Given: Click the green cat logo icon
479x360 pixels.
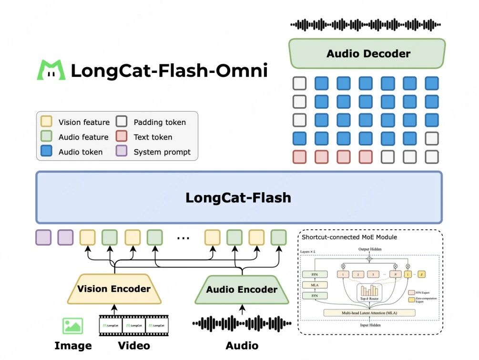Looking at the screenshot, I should [51, 70].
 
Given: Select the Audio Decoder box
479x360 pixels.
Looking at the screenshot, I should [367, 53].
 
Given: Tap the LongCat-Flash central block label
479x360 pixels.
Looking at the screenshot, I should [238, 197].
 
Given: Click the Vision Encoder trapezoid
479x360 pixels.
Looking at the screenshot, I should [114, 289].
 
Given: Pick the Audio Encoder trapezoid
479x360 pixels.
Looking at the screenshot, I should [242, 289].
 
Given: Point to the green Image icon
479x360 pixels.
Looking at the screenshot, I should [72, 326].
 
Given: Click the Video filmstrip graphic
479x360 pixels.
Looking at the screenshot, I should [133, 325].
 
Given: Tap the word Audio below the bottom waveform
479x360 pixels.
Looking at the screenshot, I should [242, 346].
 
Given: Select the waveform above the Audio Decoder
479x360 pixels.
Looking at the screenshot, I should [366, 25].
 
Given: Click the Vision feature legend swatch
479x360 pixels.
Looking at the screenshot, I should [46, 122].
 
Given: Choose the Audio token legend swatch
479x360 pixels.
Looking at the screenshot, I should [46, 152].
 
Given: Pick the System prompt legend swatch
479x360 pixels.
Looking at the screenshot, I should [122, 152].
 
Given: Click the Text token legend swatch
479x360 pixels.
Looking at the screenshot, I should [122, 137].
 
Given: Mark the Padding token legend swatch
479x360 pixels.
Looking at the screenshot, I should [122, 122].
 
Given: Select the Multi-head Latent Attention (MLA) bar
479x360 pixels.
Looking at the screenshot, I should [369, 313].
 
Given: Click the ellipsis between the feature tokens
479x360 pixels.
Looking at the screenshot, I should [183, 237].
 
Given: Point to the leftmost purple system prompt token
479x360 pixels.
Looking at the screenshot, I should [43, 237].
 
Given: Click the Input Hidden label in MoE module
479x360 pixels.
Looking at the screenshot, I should [369, 325].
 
